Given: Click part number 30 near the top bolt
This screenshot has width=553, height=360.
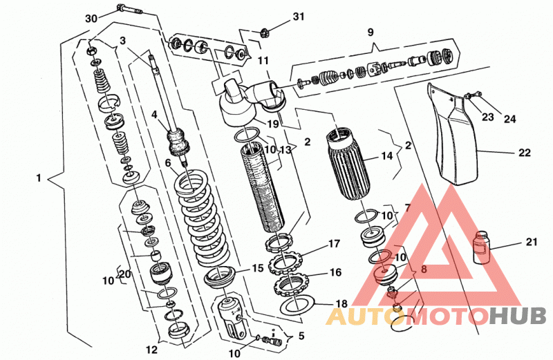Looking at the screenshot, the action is coord(91,19).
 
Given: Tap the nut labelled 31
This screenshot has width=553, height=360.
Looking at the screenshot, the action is coord(265,33).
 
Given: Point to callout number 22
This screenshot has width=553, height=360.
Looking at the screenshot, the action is coord(525,153).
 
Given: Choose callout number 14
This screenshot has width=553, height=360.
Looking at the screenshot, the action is coord(387,155).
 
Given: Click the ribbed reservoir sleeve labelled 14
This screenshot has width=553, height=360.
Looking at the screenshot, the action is coord(349,164).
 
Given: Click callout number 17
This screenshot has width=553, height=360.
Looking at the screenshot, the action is coord(334,243).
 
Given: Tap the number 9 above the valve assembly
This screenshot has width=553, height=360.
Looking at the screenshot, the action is coord(371,32).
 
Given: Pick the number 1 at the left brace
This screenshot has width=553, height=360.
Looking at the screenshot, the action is coord(39,178).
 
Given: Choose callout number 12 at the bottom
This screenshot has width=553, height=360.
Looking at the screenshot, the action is coord(151,350).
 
